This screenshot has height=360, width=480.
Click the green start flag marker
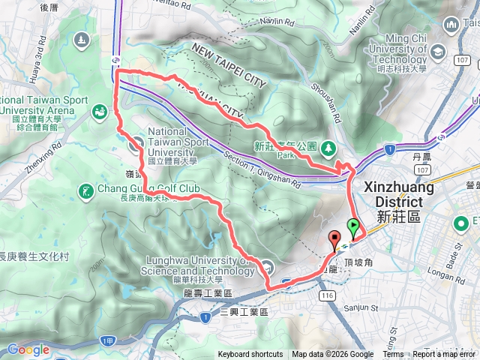pos(353,225)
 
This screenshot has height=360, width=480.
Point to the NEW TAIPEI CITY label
pos(229,65)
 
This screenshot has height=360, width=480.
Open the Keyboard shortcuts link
pos(250,355)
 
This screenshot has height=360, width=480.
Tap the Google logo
pos(28,349)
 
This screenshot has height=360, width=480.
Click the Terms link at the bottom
pos(393,355)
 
